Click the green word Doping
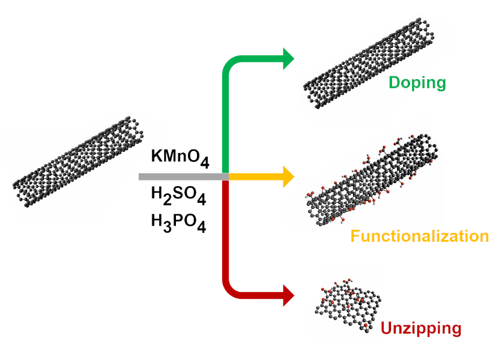[x=417, y=83]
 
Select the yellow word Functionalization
[x=420, y=236]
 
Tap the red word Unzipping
[x=421, y=329]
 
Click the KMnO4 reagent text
[x=180, y=158]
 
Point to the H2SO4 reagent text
[x=178, y=195]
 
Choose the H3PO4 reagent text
[x=178, y=223]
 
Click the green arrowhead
[x=289, y=59]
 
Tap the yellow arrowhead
[x=289, y=176]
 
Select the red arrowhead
[x=289, y=295]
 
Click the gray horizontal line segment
[x=184, y=177]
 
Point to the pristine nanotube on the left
[x=78, y=162]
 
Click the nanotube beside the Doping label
[x=369, y=63]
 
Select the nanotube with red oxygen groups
[x=372, y=180]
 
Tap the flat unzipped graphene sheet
[x=348, y=306]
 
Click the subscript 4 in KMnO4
[x=205, y=162]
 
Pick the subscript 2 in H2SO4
[x=168, y=200]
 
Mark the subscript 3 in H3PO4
[x=168, y=227]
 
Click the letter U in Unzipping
[x=386, y=328]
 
